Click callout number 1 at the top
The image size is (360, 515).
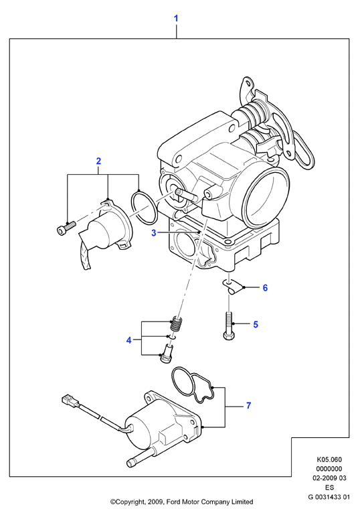[176, 18]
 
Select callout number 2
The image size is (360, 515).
[98, 161]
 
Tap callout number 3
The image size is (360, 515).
[154, 233]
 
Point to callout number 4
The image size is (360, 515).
[129, 340]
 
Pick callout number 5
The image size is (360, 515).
[256, 325]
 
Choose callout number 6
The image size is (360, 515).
[265, 288]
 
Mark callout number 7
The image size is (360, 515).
[248, 406]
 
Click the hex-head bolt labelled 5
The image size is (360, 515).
[229, 326]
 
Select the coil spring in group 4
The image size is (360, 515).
[177, 324]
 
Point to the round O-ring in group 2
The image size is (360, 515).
[144, 208]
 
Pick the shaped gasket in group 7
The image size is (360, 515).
[192, 384]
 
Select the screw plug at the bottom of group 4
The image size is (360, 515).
[168, 354]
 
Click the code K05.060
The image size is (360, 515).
[329, 459]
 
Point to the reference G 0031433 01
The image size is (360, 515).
[329, 497]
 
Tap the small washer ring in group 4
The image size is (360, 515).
[172, 337]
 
